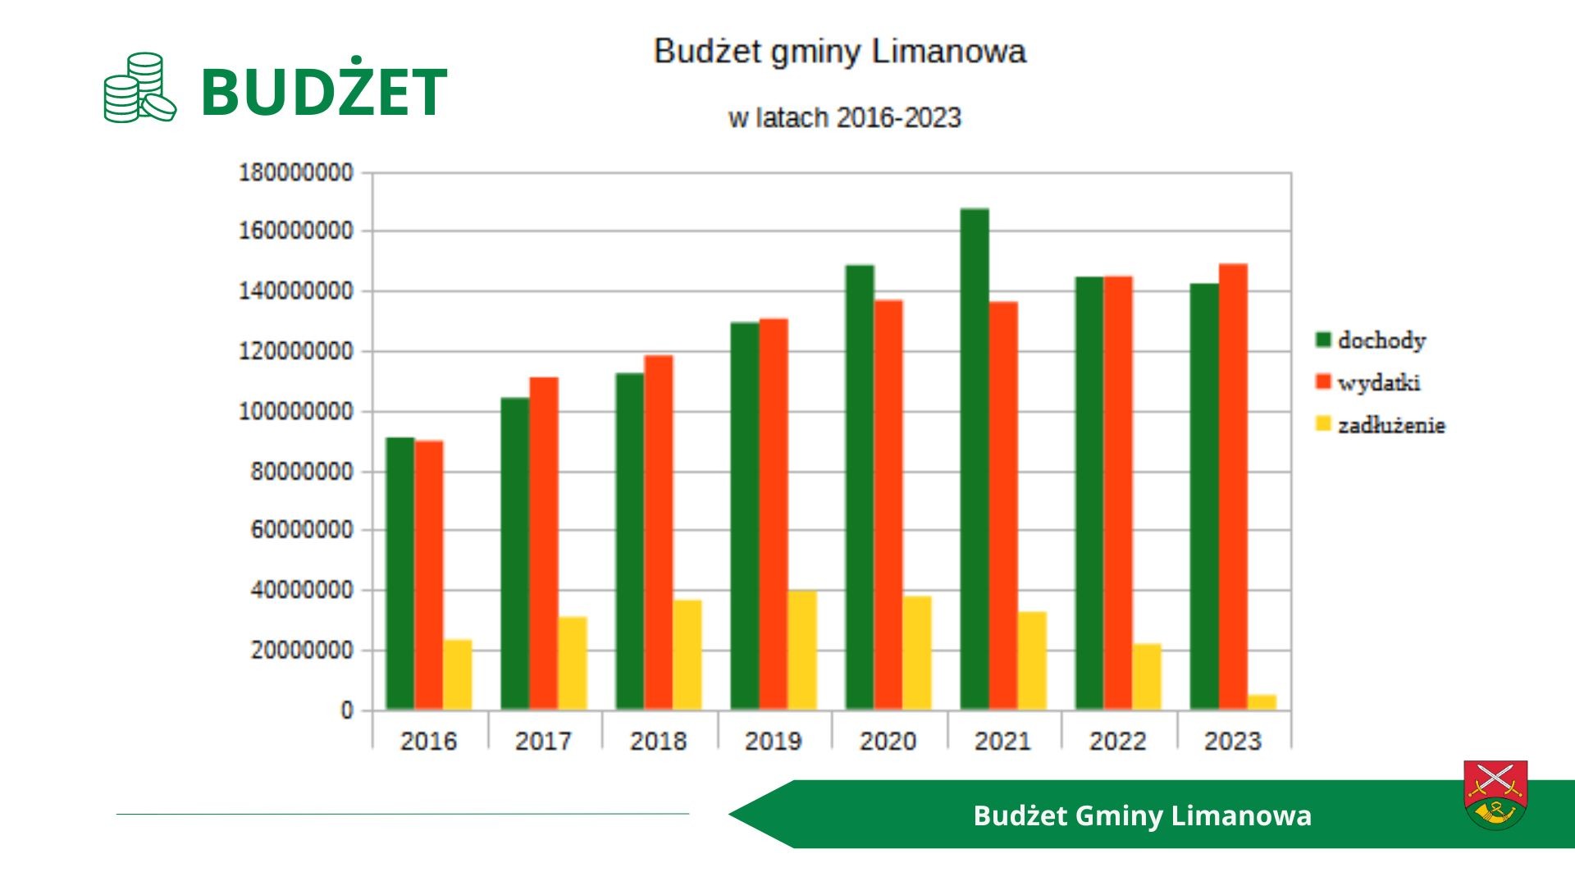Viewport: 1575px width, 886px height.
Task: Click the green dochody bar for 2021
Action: pos(975,459)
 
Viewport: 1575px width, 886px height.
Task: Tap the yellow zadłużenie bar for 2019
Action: pos(802,650)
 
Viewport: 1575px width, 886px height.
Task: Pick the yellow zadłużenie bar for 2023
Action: pos(1262,702)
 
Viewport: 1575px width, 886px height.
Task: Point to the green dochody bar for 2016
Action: pos(400,573)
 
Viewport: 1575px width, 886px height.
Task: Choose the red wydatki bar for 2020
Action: pos(888,505)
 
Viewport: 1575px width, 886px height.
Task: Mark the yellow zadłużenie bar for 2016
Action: pos(458,674)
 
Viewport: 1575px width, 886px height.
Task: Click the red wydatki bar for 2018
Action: pos(659,532)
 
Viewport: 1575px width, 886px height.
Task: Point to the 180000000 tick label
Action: pos(295,173)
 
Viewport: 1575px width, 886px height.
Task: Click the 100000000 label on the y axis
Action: pos(295,412)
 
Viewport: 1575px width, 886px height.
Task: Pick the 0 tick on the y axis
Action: pos(347,710)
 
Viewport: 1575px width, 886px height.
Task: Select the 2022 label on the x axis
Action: pos(1117,742)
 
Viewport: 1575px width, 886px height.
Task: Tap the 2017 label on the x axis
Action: pos(543,742)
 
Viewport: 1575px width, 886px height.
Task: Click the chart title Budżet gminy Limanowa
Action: pos(840,52)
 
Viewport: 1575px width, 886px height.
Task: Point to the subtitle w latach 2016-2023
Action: pos(844,118)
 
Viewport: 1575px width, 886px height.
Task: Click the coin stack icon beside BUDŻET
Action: pos(139,88)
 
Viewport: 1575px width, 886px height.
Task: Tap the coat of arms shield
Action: pos(1495,794)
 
